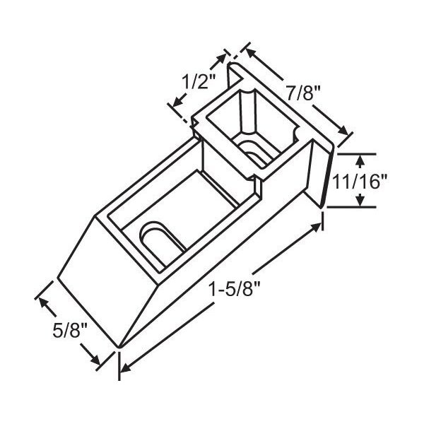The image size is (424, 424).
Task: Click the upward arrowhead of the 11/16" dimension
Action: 360,159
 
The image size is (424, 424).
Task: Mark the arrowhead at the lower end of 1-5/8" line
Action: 124,368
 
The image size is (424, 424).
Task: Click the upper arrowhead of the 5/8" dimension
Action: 45,301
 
